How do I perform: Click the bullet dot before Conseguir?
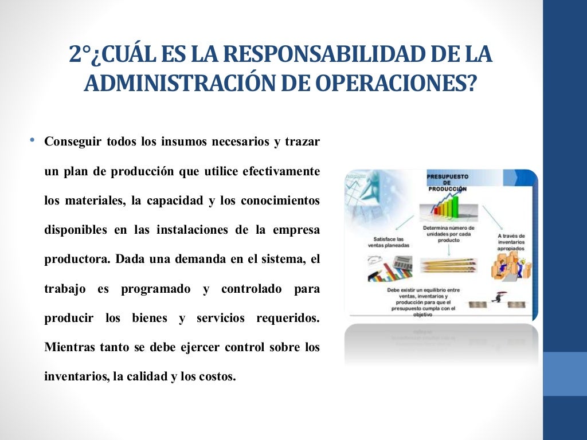(x=33, y=140)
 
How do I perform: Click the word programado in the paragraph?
(x=155, y=289)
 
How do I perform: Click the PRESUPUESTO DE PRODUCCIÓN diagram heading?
(x=447, y=183)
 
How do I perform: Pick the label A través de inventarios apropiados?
(x=512, y=242)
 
